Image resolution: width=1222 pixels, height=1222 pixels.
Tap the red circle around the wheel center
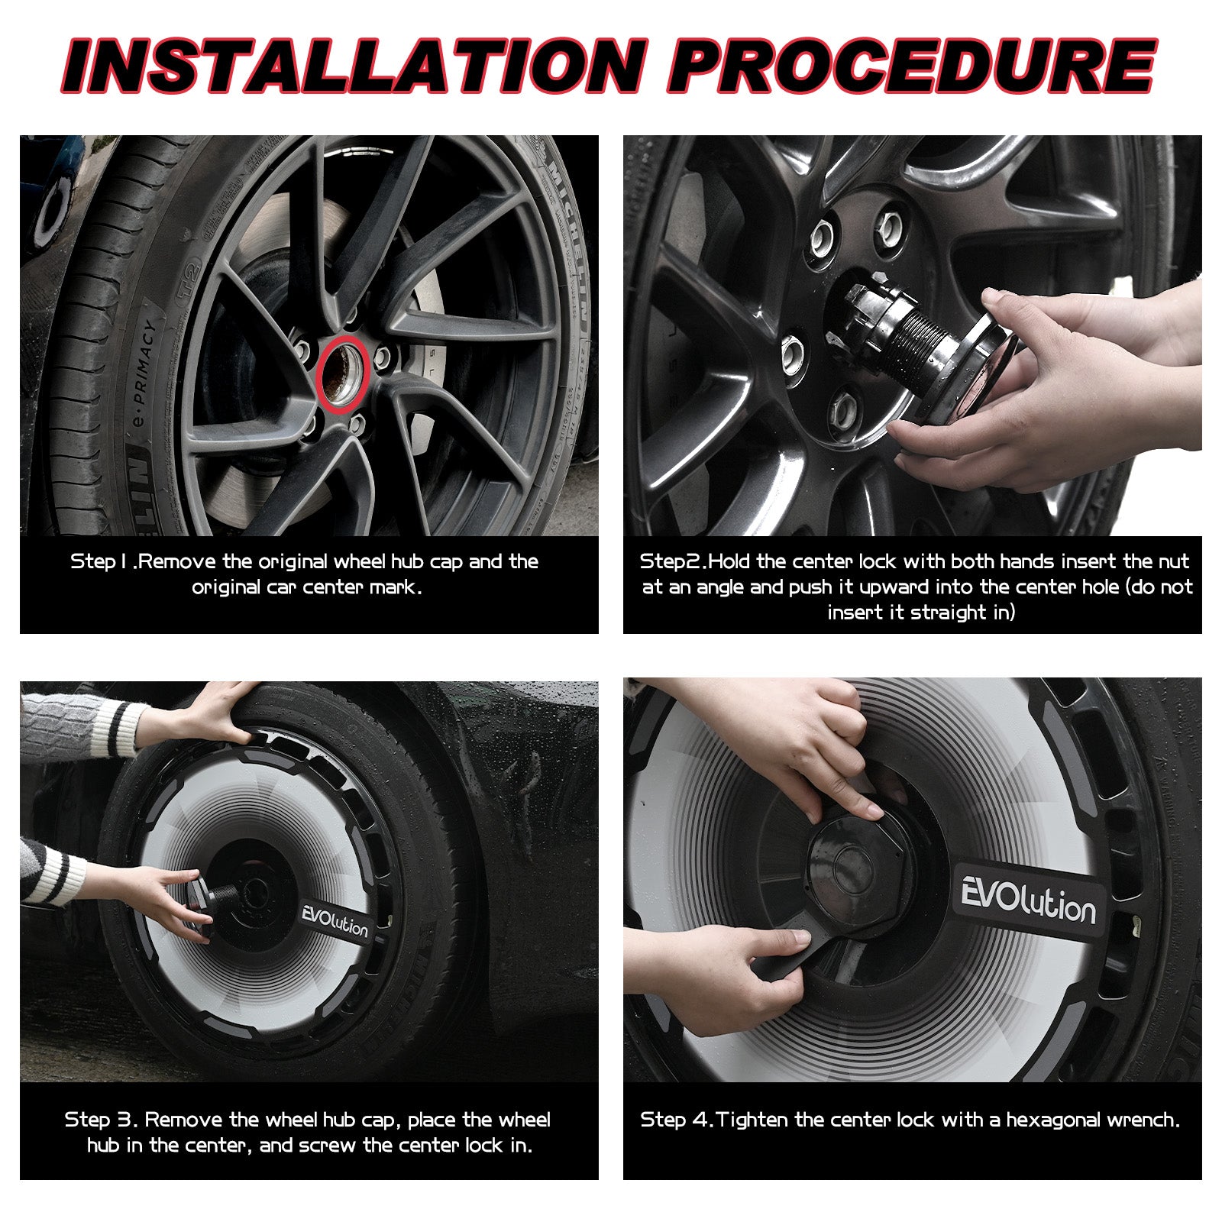[x=343, y=373]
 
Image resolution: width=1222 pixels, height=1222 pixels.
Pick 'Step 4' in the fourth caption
[x=676, y=1120]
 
